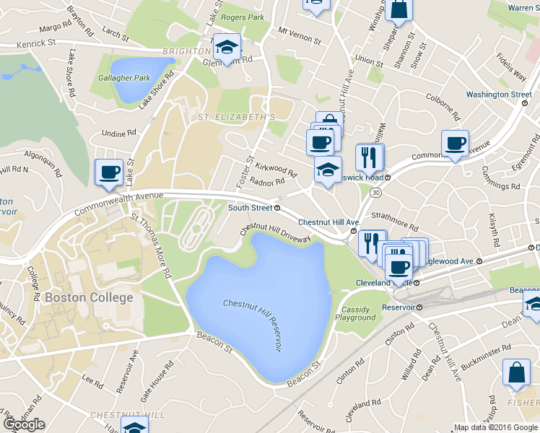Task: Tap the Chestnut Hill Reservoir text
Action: click(x=251, y=325)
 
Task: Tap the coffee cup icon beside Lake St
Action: click(x=109, y=172)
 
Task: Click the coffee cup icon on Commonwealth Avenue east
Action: click(x=454, y=144)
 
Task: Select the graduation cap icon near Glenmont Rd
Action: click(x=227, y=48)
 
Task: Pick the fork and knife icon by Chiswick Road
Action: click(x=369, y=157)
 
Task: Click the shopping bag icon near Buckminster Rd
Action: click(x=516, y=372)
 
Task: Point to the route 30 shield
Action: click(x=375, y=193)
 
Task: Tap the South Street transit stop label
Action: click(x=254, y=208)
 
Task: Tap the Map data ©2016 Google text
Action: click(x=496, y=427)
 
